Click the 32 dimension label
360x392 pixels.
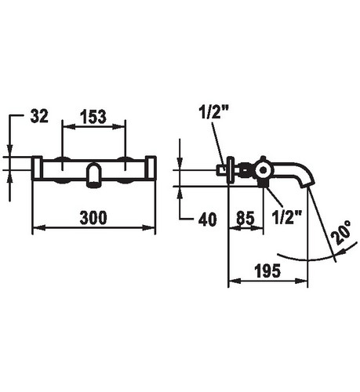(39, 116)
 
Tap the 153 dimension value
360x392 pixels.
(93, 117)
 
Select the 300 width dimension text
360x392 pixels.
(93, 218)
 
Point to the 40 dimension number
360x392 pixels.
(208, 220)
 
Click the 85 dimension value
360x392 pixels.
(245, 218)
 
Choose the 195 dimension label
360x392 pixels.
(267, 270)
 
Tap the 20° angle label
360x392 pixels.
(341, 232)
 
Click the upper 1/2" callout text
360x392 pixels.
(213, 112)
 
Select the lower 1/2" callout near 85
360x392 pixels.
(287, 217)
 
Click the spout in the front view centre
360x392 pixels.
(93, 175)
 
